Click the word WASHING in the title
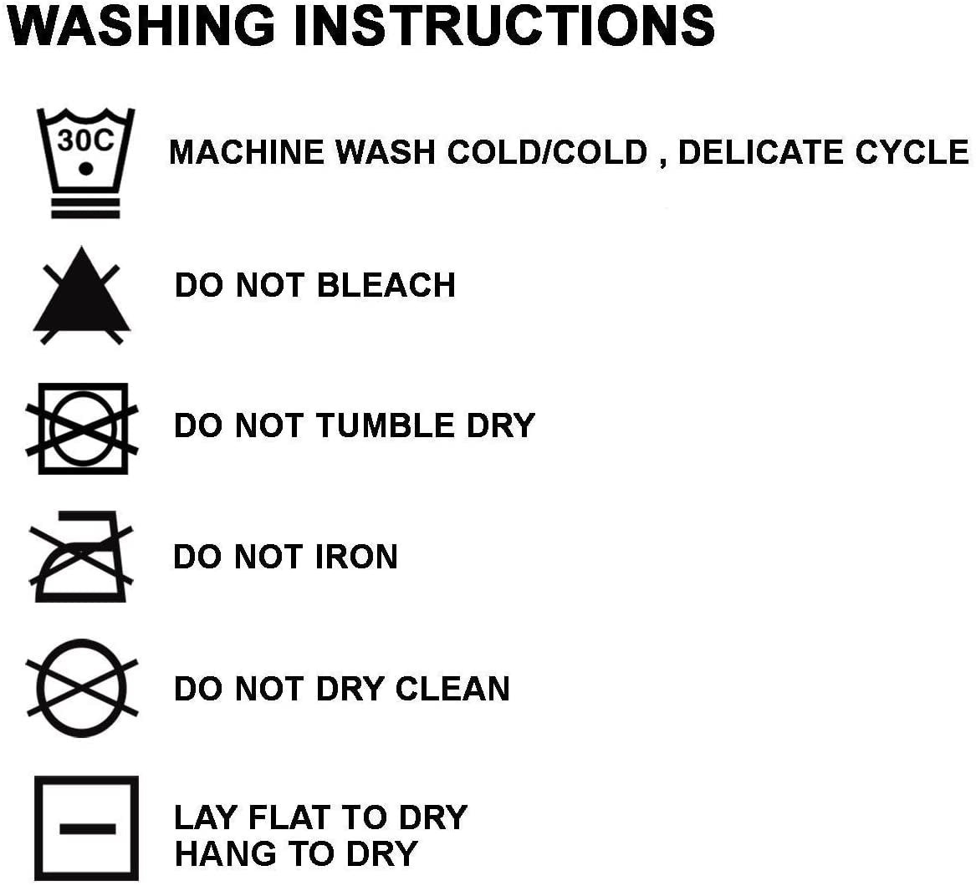pyautogui.click(x=141, y=26)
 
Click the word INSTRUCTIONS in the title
pyautogui.click(x=504, y=26)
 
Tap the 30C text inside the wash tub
pyautogui.click(x=85, y=140)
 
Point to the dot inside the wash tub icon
pyautogui.click(x=86, y=169)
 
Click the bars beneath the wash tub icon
pyautogui.click(x=85, y=207)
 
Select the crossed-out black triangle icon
pyautogui.click(x=81, y=296)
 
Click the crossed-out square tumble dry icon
pyautogui.click(x=82, y=429)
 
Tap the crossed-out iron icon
pyautogui.click(x=80, y=556)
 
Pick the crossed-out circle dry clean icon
pyautogui.click(x=81, y=688)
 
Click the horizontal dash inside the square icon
pyautogui.click(x=88, y=829)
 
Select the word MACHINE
pyautogui.click(x=247, y=152)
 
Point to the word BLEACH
pyautogui.click(x=386, y=285)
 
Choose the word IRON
pyautogui.click(x=356, y=556)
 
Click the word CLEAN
pyautogui.click(x=452, y=689)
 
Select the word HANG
pyautogui.click(x=226, y=853)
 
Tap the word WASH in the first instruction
pyautogui.click(x=386, y=152)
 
